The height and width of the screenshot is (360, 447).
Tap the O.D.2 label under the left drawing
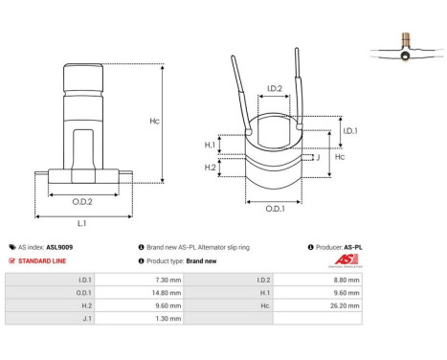click(81, 202)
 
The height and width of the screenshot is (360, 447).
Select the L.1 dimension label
click(81, 222)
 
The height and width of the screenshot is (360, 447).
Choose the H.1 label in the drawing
click(211, 145)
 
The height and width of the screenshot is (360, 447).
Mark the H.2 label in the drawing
click(211, 168)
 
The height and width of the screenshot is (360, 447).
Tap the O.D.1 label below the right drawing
click(274, 209)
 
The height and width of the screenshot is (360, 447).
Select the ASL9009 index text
click(59, 246)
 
